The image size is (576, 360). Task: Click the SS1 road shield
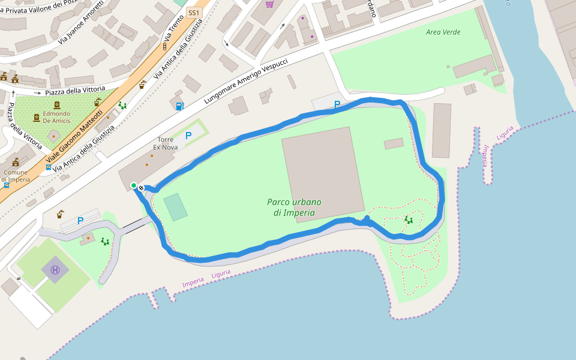[x=193, y=13]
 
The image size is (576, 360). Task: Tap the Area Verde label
[x=443, y=32]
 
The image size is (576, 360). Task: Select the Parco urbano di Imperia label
[x=294, y=207]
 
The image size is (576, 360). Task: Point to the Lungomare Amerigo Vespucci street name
[x=246, y=82]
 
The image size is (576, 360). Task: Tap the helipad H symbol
[x=55, y=270]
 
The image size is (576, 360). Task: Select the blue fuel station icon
[x=179, y=106]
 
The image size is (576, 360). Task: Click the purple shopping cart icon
[x=270, y=4]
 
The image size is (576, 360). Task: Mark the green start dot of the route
[x=134, y=185]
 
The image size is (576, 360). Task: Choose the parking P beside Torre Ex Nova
[x=188, y=136]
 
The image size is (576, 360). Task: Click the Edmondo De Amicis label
[x=56, y=117]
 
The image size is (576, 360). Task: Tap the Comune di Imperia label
[x=15, y=176]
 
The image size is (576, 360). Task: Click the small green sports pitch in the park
[x=175, y=207]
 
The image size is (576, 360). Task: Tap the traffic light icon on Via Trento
[x=164, y=46]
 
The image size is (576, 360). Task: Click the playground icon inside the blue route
[x=409, y=220]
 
